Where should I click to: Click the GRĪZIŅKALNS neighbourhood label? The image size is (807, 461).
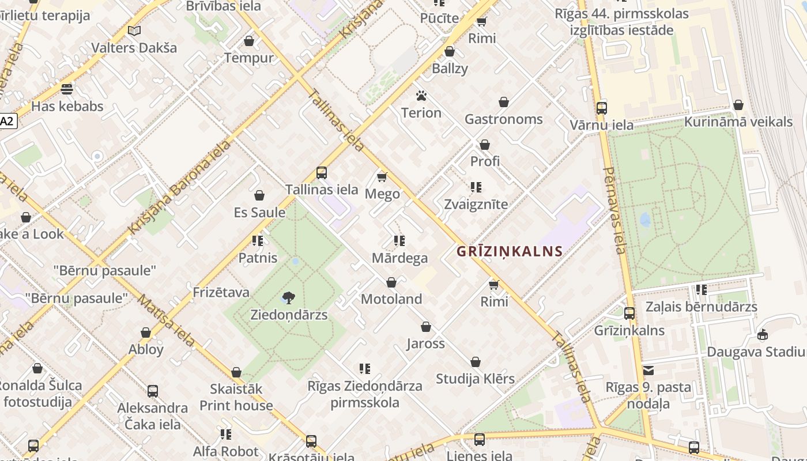click(x=510, y=251)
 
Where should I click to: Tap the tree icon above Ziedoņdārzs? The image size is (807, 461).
click(x=289, y=298)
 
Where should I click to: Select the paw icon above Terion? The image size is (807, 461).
click(x=421, y=96)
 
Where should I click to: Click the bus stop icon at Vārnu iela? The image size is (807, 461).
click(x=601, y=108)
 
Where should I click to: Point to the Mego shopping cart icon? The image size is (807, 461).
click(x=382, y=177)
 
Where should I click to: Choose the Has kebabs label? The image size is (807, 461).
click(x=67, y=107)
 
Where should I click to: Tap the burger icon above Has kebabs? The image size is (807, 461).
click(x=67, y=89)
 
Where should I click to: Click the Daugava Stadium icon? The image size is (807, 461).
click(x=763, y=335)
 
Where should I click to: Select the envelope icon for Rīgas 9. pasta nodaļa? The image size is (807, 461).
click(x=648, y=371)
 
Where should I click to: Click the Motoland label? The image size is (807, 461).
click(x=391, y=299)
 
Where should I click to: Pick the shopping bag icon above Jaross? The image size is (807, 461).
click(x=426, y=327)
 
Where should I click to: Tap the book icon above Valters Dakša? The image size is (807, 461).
click(x=134, y=31)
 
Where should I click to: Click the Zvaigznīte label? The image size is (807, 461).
click(x=476, y=205)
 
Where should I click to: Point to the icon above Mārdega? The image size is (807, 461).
click(x=399, y=241)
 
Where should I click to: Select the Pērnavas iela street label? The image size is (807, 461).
click(x=614, y=210)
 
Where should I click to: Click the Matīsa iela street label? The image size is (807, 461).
click(x=166, y=320)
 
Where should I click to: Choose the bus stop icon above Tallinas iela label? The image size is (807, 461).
click(x=322, y=172)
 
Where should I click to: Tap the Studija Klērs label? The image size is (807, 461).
click(x=475, y=379)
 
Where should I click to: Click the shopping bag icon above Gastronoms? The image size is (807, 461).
click(x=504, y=103)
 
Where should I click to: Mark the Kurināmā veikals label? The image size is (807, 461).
click(x=738, y=122)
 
